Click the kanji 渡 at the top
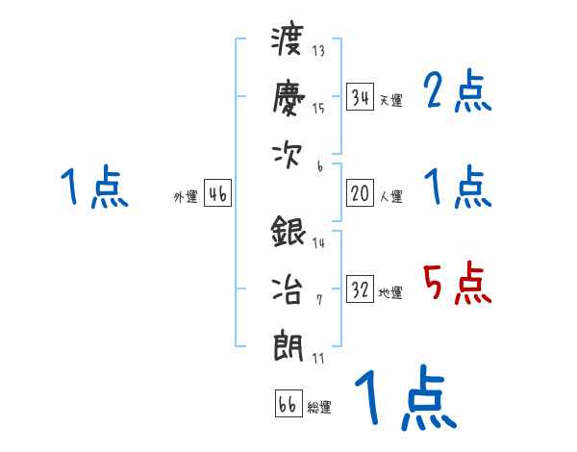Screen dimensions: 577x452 click(288, 42)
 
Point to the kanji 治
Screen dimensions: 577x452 click(288, 288)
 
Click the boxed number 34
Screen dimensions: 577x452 click(361, 96)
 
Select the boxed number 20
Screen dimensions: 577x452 click(361, 193)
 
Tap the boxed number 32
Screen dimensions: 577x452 click(361, 289)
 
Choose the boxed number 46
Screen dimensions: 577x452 click(217, 194)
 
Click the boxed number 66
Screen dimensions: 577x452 click(288, 404)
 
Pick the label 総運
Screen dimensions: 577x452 click(319, 408)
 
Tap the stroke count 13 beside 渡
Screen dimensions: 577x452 click(319, 51)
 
